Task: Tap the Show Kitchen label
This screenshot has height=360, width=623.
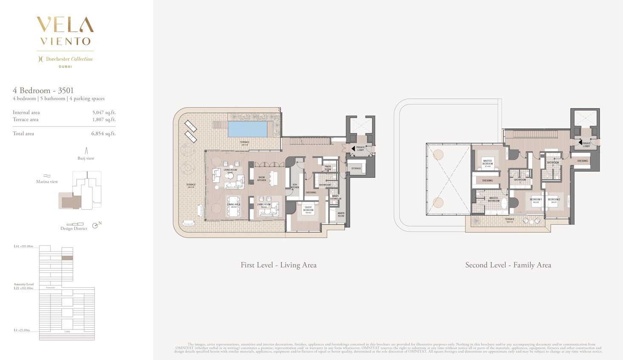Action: click(x=262, y=179)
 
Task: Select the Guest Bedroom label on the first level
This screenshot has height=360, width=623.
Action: click(x=308, y=209)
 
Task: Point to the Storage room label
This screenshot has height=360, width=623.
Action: click(x=356, y=169)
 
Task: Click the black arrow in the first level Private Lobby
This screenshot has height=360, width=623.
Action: click(x=353, y=149)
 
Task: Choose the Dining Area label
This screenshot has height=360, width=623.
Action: click(x=234, y=205)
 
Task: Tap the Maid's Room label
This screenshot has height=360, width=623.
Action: click(x=341, y=214)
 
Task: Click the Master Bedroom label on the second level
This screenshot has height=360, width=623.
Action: click(x=487, y=163)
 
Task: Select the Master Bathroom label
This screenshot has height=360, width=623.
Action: click(x=493, y=199)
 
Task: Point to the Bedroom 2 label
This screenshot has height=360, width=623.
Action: click(x=554, y=200)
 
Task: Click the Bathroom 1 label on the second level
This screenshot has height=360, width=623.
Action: click(x=520, y=180)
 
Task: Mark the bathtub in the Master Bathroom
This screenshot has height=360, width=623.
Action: click(x=504, y=204)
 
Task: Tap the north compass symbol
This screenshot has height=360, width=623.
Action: click(x=95, y=226)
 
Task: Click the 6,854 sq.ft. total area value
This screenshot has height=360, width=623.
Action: click(x=103, y=134)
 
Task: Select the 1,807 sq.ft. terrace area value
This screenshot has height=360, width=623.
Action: click(x=104, y=120)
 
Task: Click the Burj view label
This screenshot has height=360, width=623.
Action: click(x=86, y=158)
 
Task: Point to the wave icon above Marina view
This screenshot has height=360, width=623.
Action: click(x=47, y=176)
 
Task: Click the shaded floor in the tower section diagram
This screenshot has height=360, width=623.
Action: click(x=67, y=258)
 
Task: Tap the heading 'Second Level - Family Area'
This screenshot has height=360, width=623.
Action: click(x=508, y=265)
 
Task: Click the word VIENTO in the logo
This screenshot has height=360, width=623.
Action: click(x=66, y=41)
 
